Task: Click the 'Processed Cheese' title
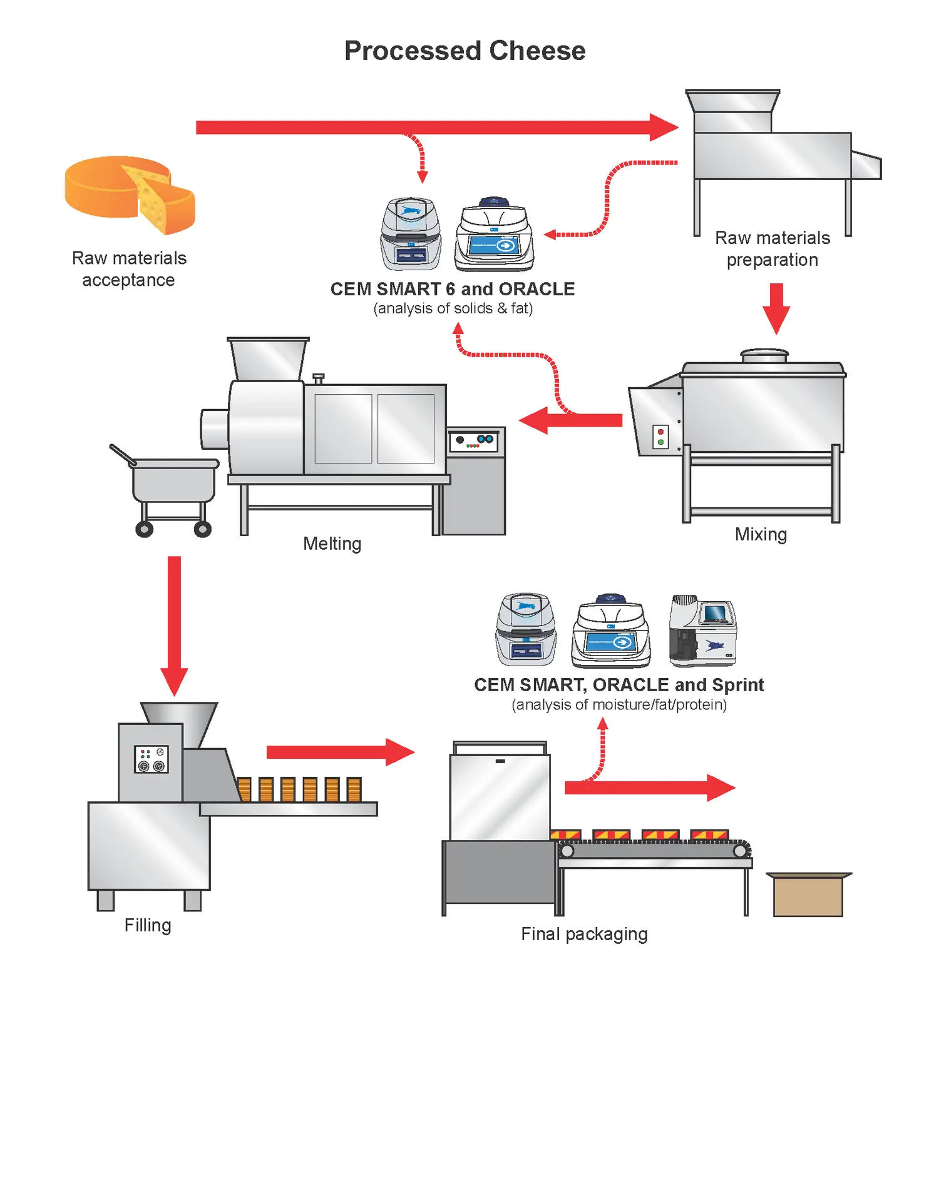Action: pos(464,51)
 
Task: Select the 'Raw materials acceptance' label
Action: pos(129,269)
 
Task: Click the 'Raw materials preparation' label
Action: pos(772,249)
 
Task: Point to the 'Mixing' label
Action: pos(761,535)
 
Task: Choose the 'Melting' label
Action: pos(332,544)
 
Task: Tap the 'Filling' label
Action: pos(148,925)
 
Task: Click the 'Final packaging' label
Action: pos(584,934)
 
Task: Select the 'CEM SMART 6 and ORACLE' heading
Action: pos(453,289)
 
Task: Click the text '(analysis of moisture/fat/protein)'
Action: pos(619,705)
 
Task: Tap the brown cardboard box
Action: pos(809,894)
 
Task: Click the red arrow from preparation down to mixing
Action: pos(776,309)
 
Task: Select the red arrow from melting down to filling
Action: pos(174,626)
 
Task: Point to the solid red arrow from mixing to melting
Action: pos(570,420)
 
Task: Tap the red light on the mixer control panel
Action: pos(660,432)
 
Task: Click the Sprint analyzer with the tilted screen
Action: pos(702,631)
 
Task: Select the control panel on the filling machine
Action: pos(151,759)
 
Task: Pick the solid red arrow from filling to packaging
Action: pos(341,752)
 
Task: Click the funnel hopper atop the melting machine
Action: pos(268,359)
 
